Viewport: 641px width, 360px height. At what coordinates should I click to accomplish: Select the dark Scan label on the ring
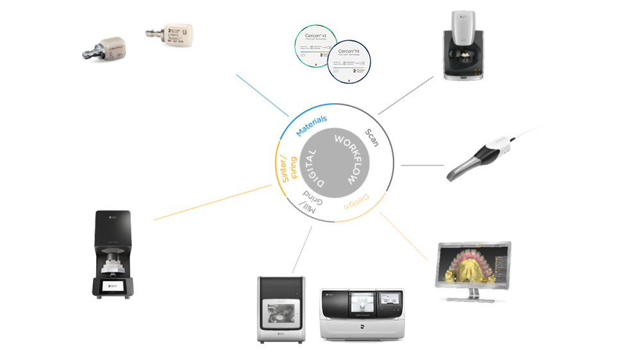(371, 136)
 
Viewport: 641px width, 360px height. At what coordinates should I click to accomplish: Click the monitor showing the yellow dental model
(474, 269)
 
